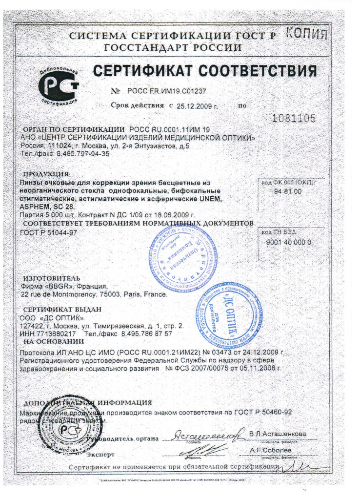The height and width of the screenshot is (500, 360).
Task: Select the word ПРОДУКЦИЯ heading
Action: pyautogui.click(x=46, y=174)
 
